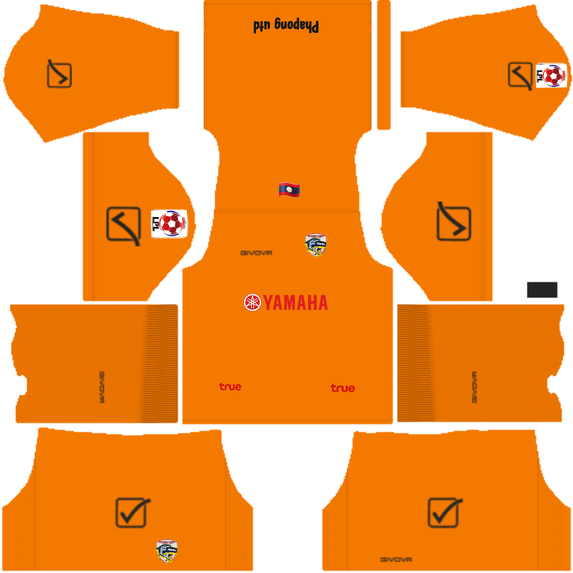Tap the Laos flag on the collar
pyautogui.click(x=289, y=189)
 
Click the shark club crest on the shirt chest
pyautogui.click(x=315, y=245)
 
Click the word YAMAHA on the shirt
pyautogui.click(x=295, y=303)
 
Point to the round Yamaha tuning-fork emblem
pyautogui.click(x=252, y=303)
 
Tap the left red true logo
pyautogui.click(x=230, y=387)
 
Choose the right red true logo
pyautogui.click(x=343, y=388)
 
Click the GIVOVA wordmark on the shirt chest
pyautogui.click(x=256, y=253)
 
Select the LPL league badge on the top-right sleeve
pyautogui.click(x=552, y=76)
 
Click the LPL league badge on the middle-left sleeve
pyautogui.click(x=169, y=224)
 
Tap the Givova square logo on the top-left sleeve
pyautogui.click(x=59, y=74)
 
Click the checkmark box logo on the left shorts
pyautogui.click(x=132, y=512)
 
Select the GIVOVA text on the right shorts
pyautogui.click(x=396, y=559)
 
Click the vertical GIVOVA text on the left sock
pyautogui.click(x=102, y=387)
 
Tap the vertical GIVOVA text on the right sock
pyautogui.click(x=474, y=387)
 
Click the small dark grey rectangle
pyautogui.click(x=542, y=290)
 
